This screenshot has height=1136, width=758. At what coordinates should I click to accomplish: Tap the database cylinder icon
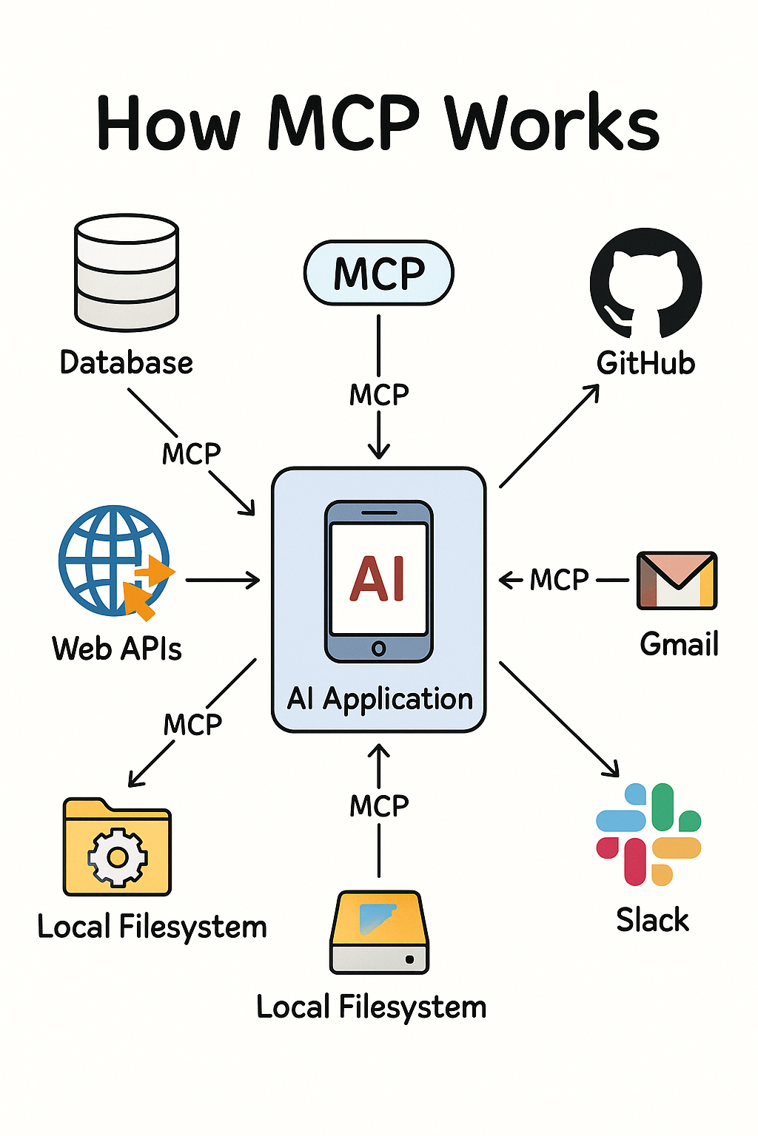click(x=127, y=272)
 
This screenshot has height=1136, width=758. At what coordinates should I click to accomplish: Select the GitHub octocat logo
click(x=645, y=284)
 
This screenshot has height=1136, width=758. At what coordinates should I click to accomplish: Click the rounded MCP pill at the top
click(x=378, y=273)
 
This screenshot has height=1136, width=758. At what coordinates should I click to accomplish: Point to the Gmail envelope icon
click(x=677, y=581)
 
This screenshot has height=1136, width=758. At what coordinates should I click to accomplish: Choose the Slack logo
click(x=648, y=834)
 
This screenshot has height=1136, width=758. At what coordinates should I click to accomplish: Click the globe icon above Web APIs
click(x=114, y=561)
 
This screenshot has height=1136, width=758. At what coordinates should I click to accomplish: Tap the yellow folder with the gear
click(x=117, y=848)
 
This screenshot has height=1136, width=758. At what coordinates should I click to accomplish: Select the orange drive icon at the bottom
click(x=379, y=932)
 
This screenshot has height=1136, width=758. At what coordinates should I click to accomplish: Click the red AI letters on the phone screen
click(x=378, y=578)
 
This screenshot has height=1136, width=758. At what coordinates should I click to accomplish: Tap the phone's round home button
click(x=378, y=649)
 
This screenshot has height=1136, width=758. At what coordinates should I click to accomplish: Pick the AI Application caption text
click(x=379, y=699)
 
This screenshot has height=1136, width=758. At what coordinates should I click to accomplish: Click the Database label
click(x=126, y=363)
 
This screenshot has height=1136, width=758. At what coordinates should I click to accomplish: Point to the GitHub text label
click(x=645, y=363)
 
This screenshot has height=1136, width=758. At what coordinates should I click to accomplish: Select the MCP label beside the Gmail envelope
click(x=560, y=581)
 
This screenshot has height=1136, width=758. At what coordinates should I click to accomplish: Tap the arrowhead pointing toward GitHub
click(x=592, y=390)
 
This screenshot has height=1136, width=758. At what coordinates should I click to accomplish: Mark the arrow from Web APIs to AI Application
click(x=222, y=581)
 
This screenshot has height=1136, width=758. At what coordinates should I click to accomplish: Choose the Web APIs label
click(x=116, y=649)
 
